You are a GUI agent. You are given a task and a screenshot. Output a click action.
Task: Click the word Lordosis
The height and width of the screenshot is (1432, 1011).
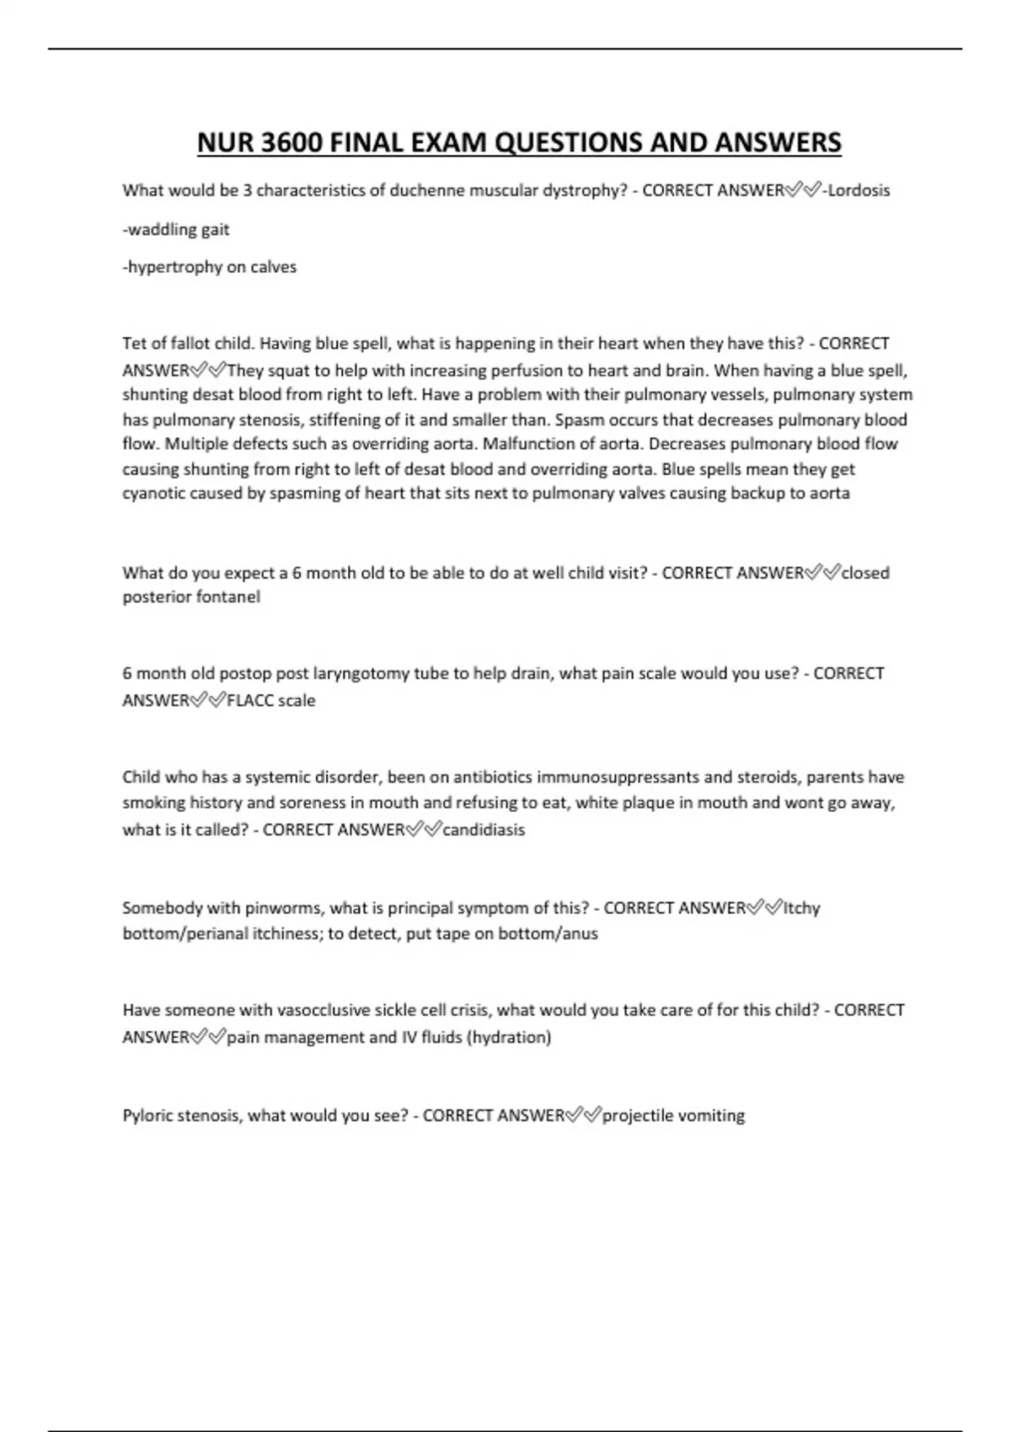[859, 190]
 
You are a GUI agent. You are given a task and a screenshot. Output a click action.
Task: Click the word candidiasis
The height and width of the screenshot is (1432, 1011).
[484, 830]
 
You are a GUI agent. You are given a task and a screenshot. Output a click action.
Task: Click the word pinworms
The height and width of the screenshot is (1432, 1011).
[282, 908]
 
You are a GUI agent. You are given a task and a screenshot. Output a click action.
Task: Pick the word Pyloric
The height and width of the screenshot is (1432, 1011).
[147, 1116]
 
